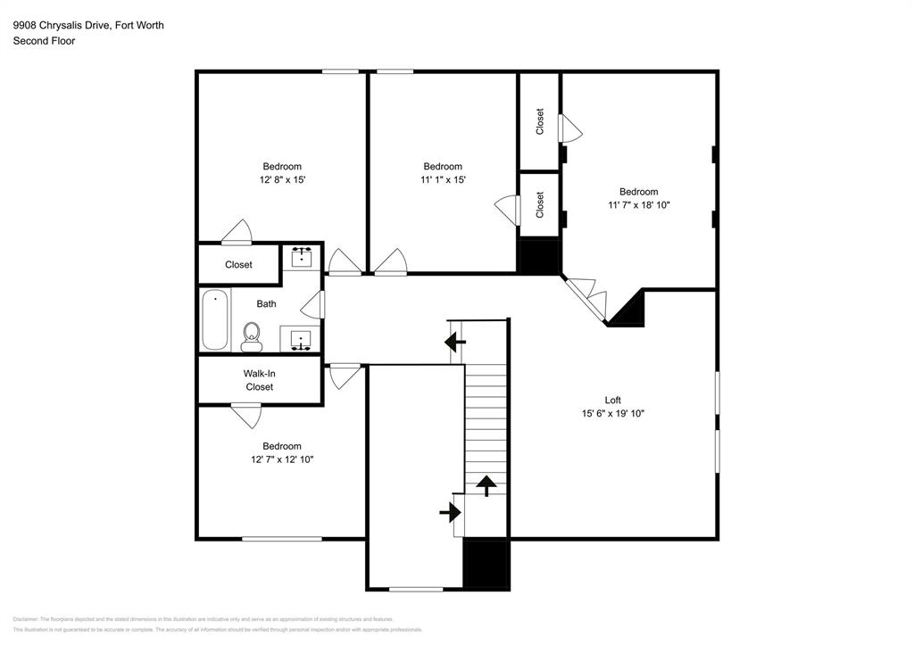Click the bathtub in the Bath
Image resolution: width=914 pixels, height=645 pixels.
pos(214,320)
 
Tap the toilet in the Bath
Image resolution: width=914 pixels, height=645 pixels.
pos(252,336)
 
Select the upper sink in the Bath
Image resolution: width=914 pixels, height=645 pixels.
pos(302,258)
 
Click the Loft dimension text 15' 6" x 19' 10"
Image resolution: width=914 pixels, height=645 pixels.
pos(612,413)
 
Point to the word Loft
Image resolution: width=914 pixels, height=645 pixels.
pos(612,400)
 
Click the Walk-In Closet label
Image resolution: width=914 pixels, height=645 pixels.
pos(259,380)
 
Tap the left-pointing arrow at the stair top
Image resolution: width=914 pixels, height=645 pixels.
pos(455,340)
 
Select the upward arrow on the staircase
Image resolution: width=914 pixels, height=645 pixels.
pos(486,485)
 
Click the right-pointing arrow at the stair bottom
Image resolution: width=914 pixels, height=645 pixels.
pos(451,512)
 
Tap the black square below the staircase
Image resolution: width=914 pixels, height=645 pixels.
pos(486,563)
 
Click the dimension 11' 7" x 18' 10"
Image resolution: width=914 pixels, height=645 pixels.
pos(638,204)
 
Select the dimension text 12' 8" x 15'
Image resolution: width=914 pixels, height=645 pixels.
pos(281,179)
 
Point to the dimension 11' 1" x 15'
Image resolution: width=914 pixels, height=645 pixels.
pos(443,179)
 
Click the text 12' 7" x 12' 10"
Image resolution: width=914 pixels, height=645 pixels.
pos(281,459)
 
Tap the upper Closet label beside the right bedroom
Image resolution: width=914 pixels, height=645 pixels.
pos(540,121)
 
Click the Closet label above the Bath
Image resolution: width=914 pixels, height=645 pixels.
pos(238,265)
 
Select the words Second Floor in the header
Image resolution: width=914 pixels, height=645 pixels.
pos(44,41)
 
